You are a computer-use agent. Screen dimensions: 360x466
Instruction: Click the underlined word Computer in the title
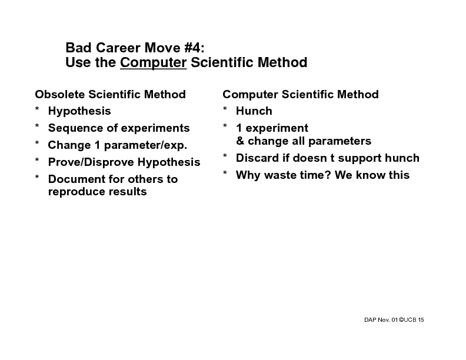pos(153,62)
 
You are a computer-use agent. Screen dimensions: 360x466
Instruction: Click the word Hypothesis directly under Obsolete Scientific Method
pos(79,111)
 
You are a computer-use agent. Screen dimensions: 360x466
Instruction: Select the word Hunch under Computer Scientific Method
pos(254,111)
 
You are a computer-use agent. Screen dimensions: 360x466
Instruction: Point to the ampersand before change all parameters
pos(240,141)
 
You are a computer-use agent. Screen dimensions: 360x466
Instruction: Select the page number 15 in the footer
pos(421,319)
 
